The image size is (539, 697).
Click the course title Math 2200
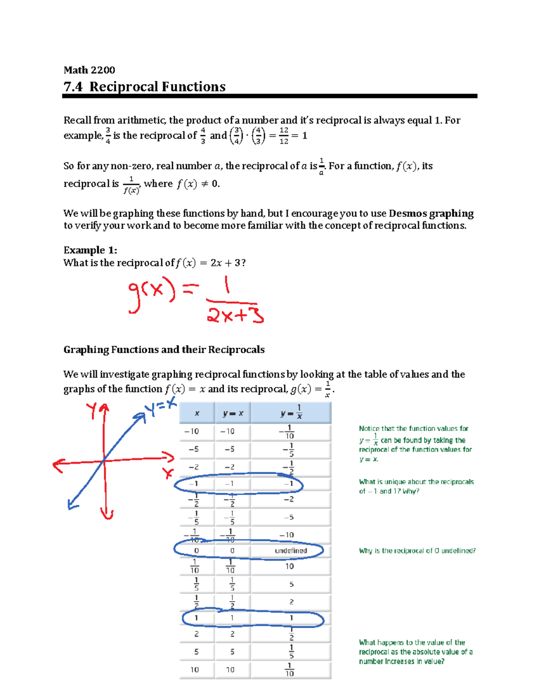(89, 70)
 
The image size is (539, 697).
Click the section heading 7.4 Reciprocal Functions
(144, 87)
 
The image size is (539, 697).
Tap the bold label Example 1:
(90, 250)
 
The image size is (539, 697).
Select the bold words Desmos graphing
(431, 213)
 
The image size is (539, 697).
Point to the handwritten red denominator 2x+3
(235, 314)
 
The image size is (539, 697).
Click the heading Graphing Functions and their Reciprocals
(164, 350)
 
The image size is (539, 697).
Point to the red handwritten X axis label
(168, 473)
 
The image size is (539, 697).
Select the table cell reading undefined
(291, 551)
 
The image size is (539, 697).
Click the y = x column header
(233, 413)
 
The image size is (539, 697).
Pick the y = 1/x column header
(291, 412)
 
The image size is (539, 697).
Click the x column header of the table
(197, 413)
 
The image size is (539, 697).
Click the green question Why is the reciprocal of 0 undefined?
(417, 551)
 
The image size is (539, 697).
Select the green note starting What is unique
(416, 487)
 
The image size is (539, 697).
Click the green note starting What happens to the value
(415, 652)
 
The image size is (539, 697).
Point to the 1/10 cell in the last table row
(290, 670)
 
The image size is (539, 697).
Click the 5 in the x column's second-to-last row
(196, 652)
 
